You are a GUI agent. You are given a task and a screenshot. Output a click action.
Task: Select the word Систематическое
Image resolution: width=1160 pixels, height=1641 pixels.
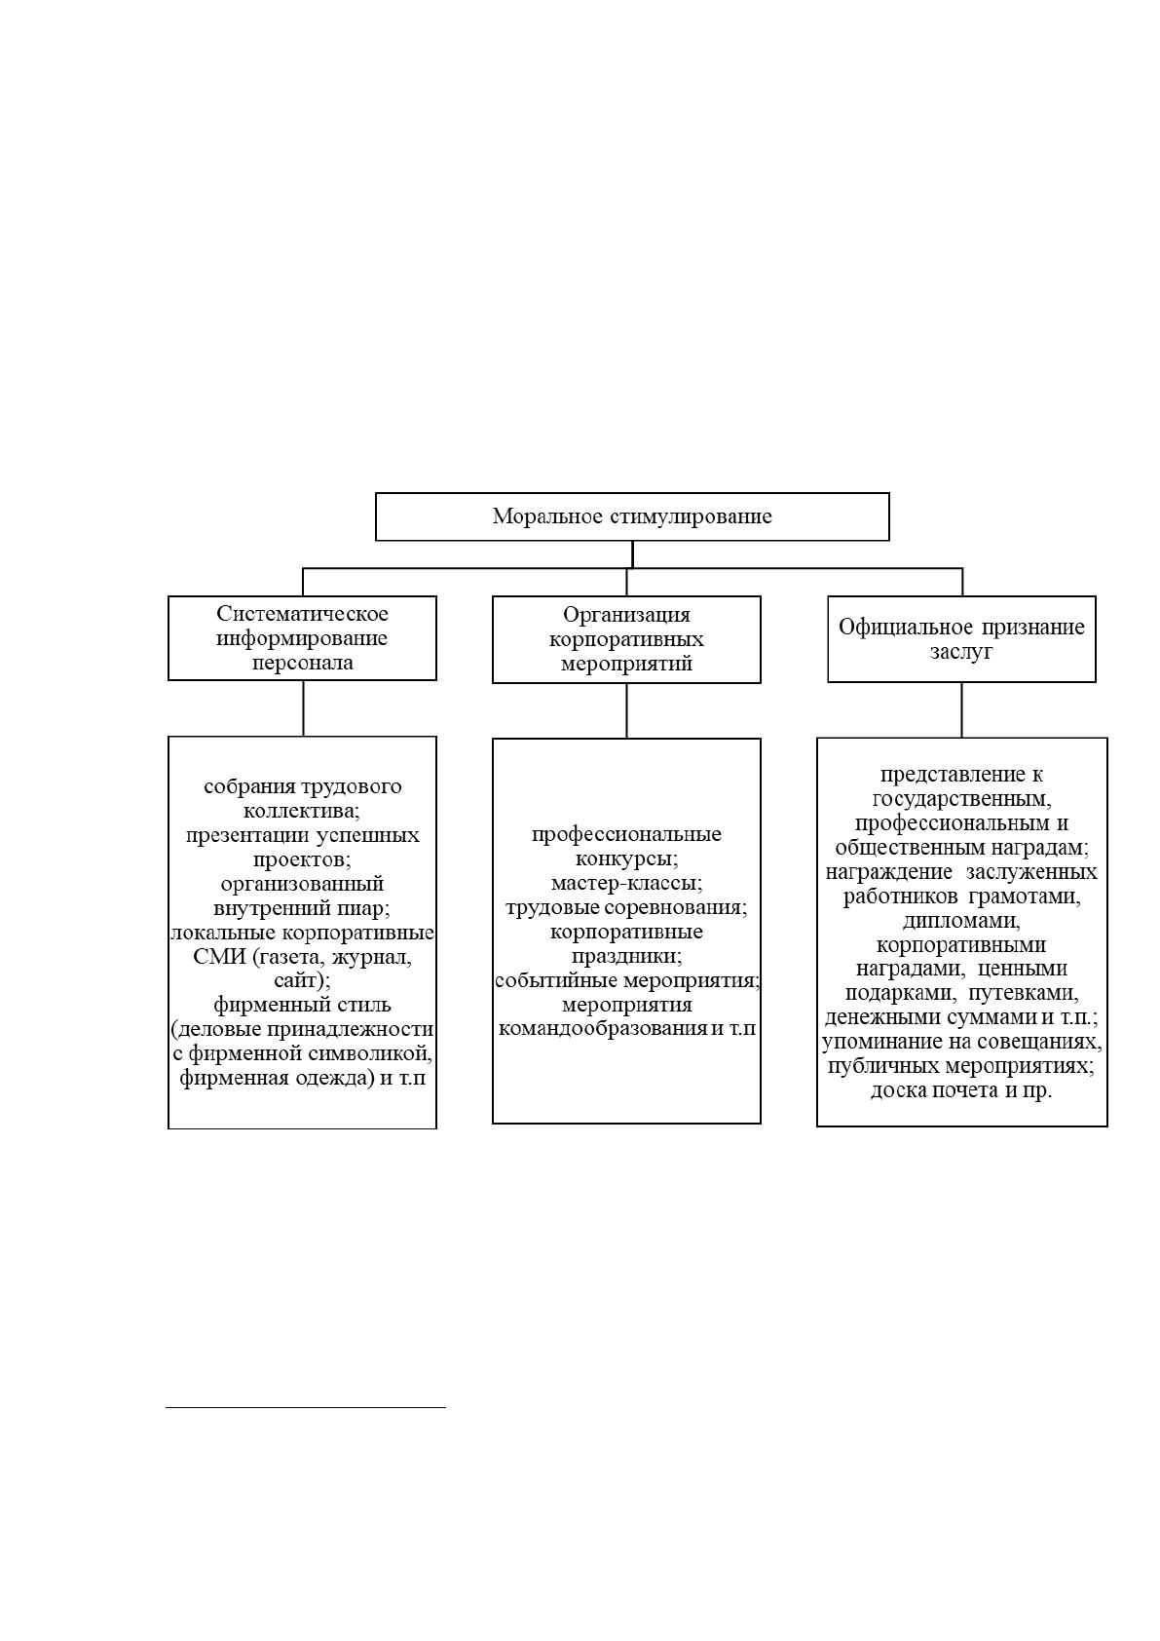[x=303, y=613]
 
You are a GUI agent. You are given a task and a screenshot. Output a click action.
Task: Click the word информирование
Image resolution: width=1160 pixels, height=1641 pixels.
[x=302, y=638]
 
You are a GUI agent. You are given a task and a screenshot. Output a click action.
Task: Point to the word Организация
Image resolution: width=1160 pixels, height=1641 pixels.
[x=627, y=615]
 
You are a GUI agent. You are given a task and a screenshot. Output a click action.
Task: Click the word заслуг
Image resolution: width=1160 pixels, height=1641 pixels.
[x=961, y=652]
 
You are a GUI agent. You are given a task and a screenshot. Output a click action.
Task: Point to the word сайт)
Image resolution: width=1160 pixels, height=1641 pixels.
[x=303, y=981]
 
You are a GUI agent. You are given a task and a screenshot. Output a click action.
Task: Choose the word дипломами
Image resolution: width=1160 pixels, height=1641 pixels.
[x=961, y=920]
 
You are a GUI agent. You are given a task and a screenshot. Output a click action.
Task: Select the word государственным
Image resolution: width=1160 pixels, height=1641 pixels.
[x=961, y=798]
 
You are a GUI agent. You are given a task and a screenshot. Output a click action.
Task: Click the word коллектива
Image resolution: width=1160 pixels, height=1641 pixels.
[x=300, y=811]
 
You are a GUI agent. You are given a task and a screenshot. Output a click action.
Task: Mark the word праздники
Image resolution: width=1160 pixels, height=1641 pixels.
[x=624, y=956]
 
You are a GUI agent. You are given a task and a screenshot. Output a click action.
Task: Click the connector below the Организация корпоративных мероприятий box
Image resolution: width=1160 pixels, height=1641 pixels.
[x=627, y=710]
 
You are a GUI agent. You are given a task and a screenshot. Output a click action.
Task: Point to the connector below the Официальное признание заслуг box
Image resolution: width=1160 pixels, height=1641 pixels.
[x=961, y=709]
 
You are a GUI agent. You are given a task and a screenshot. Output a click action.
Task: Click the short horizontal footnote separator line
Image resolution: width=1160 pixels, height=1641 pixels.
[x=306, y=1407]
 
